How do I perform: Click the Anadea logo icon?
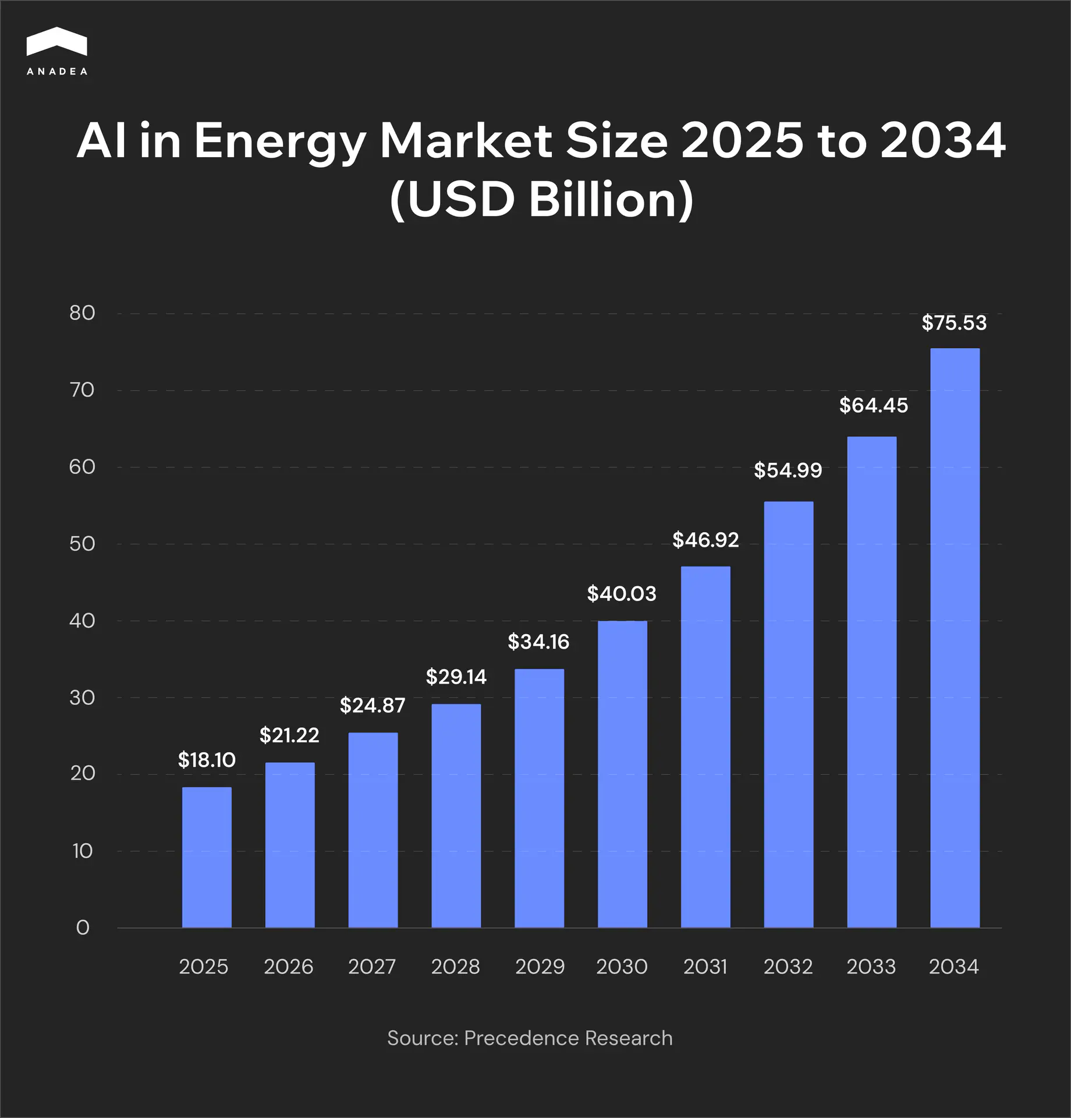click(56, 42)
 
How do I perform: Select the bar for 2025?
click(207, 857)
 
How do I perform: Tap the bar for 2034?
click(955, 638)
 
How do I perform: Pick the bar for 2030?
click(622, 774)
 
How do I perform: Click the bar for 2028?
click(456, 815)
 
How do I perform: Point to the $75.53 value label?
click(954, 323)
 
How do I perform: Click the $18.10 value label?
click(207, 760)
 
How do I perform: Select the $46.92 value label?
click(705, 540)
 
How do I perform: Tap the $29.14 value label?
click(456, 677)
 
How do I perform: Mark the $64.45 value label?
click(873, 405)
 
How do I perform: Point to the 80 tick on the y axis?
click(82, 313)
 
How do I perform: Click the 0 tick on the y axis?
click(83, 928)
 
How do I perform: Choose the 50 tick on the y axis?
click(82, 544)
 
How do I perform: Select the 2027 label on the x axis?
click(372, 967)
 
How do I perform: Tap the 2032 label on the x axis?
click(788, 967)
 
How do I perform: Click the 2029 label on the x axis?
click(540, 967)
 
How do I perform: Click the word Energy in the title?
click(279, 141)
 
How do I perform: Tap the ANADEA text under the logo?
click(57, 72)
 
